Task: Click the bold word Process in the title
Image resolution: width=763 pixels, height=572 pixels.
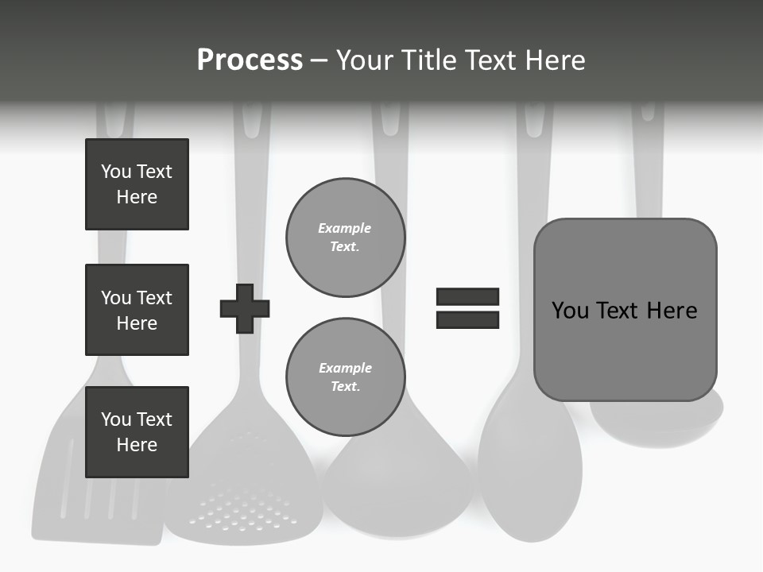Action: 250,60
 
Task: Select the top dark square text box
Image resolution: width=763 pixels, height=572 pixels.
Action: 137,184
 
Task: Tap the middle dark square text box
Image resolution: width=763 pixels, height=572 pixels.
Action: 137,310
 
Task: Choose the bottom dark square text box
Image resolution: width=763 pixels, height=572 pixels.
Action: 137,432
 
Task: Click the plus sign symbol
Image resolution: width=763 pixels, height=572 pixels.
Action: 245,308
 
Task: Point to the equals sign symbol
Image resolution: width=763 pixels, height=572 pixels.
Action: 467,308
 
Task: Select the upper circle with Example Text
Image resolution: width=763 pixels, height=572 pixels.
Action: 345,238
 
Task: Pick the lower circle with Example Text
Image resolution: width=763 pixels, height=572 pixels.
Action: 345,377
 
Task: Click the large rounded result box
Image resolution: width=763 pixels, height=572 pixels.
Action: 625,310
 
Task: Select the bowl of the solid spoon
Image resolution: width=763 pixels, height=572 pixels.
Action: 529,469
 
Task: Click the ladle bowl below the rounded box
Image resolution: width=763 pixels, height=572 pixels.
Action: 656,421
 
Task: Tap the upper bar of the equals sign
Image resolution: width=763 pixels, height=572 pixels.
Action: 467,296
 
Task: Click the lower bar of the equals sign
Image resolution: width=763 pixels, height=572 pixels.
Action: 467,320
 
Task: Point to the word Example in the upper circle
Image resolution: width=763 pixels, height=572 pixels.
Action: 344,229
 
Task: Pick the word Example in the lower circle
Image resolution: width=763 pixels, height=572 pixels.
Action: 345,369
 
